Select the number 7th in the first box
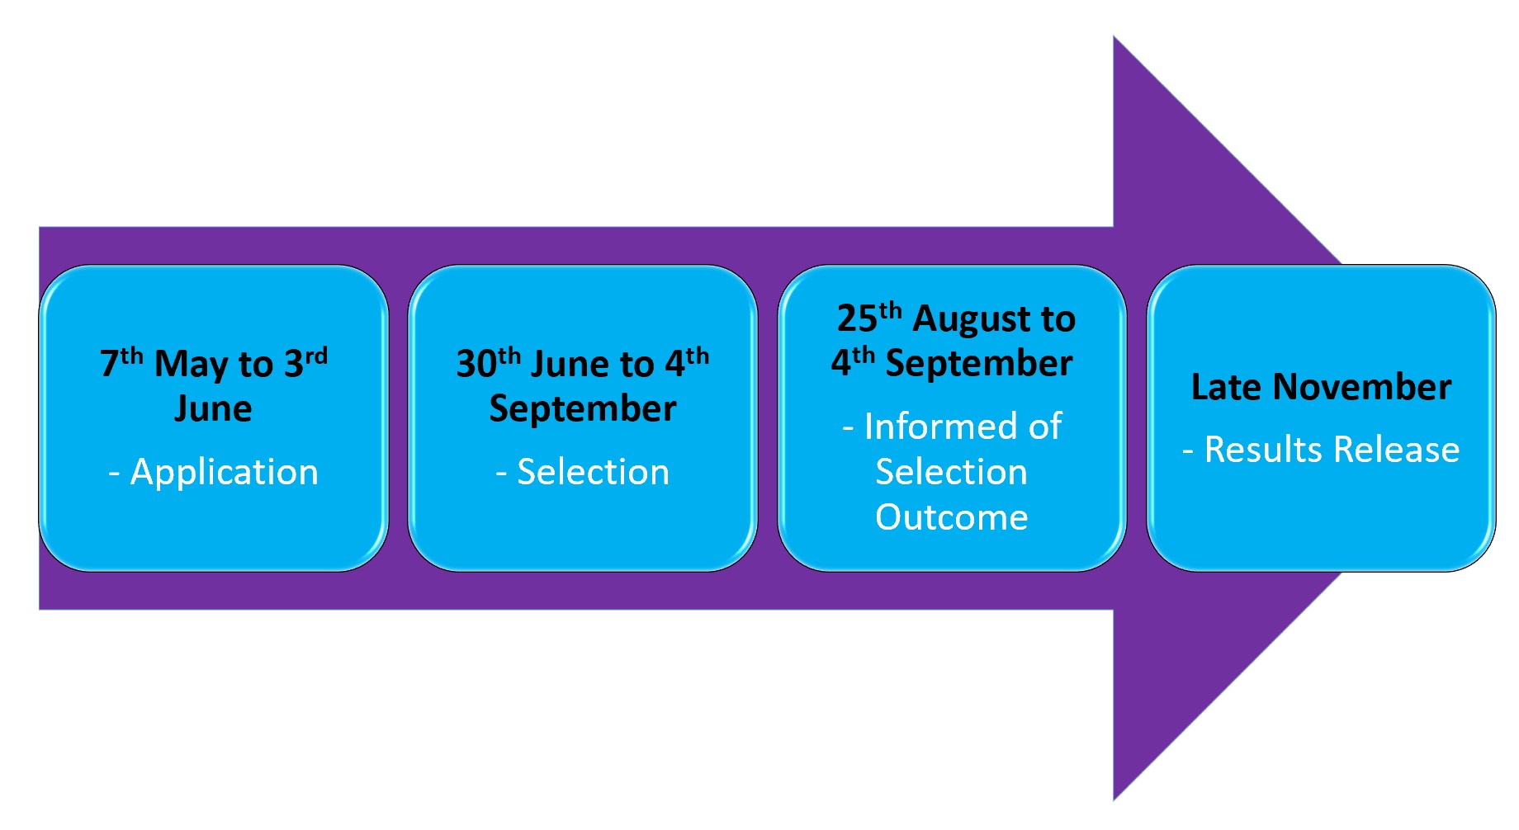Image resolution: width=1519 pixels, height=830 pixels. pos(121,363)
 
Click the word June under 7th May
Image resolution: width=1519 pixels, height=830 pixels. pos(213,408)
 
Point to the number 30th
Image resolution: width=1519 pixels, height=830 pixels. pos(488,362)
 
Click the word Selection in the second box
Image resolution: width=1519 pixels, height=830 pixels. pos(593,473)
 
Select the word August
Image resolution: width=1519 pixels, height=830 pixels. pos(972,320)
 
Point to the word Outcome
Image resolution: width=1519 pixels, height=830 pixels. pos(951,518)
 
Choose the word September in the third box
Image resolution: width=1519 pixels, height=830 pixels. pos(979,364)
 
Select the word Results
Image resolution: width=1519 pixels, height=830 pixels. pos(1263,450)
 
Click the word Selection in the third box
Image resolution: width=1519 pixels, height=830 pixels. pos(951,473)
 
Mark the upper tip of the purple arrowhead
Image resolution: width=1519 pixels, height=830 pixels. pos(1114,36)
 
